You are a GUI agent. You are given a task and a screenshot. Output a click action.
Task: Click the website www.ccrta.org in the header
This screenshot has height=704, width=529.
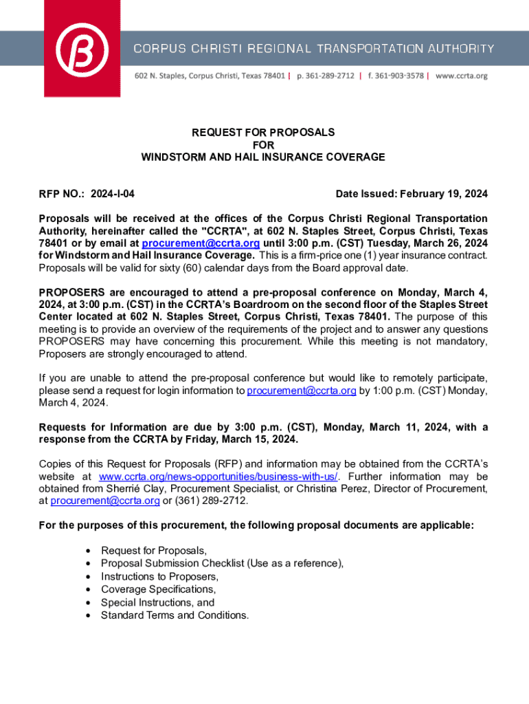pyautogui.click(x=462, y=76)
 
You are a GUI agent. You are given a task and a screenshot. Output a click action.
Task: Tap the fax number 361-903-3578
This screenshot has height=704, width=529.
pyautogui.click(x=394, y=76)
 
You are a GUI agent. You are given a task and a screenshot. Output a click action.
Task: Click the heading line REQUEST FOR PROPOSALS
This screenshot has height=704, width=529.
pyautogui.click(x=263, y=132)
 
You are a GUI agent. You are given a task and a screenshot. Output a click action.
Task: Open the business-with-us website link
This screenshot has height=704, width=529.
pyautogui.click(x=219, y=476)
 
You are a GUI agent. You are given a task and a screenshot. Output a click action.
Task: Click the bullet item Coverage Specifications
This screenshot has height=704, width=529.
pyautogui.click(x=158, y=589)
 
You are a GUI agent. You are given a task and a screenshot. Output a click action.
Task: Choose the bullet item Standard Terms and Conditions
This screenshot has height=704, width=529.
pyautogui.click(x=175, y=615)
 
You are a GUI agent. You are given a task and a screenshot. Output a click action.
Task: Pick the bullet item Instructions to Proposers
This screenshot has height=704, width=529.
pyautogui.click(x=159, y=576)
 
